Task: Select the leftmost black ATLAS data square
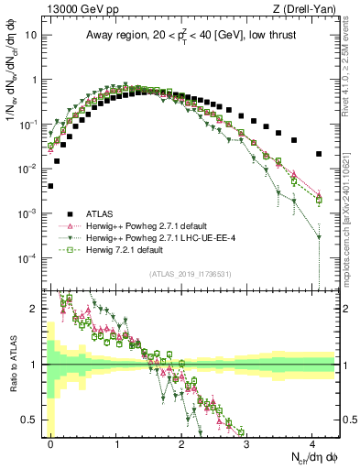pyautogui.click(x=50, y=186)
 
